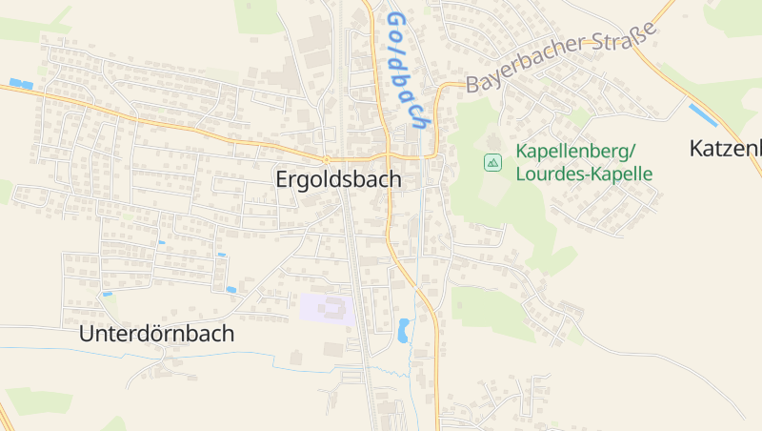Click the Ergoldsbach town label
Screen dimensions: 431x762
pyautogui.click(x=338, y=179)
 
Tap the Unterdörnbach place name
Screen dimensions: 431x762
pyautogui.click(x=157, y=335)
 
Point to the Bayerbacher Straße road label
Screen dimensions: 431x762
pyautogui.click(x=562, y=59)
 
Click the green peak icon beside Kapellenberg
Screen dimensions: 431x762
pyautogui.click(x=492, y=163)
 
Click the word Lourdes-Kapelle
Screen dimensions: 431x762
pyautogui.click(x=583, y=174)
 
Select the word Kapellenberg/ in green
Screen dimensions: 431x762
pyautogui.click(x=574, y=151)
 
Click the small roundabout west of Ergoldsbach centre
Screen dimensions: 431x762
pyautogui.click(x=326, y=158)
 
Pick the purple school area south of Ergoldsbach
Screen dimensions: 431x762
pyautogui.click(x=327, y=308)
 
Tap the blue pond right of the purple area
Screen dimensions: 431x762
pyautogui.click(x=404, y=331)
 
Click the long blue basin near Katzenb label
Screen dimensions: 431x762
pyautogui.click(x=704, y=115)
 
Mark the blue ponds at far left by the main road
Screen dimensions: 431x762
pyautogui.click(x=20, y=84)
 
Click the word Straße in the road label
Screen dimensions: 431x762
pyautogui.click(x=627, y=42)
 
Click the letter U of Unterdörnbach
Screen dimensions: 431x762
pyautogui.click(x=88, y=335)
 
